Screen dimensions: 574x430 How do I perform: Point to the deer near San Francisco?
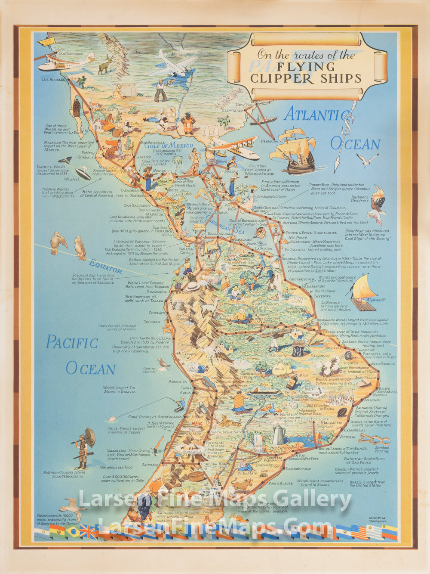click(x=105, y=64)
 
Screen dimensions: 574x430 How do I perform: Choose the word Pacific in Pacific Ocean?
click(x=72, y=343)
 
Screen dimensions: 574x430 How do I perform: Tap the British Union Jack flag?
click(x=89, y=532)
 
